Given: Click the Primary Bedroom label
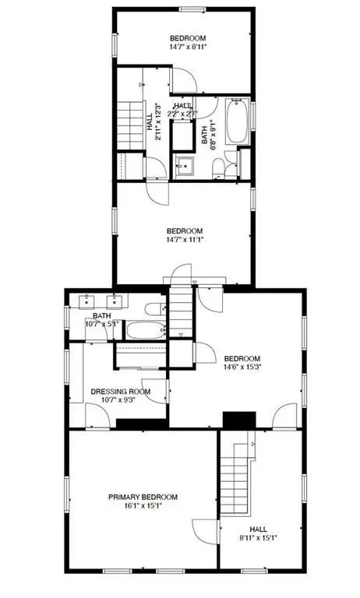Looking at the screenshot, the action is click(143, 497).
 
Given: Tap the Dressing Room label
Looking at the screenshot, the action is click(120, 392).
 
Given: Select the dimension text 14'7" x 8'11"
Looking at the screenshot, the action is click(188, 47).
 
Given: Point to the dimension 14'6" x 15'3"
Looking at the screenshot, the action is click(242, 368).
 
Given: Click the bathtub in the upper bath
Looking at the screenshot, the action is click(238, 121).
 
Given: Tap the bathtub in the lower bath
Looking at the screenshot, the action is click(146, 330).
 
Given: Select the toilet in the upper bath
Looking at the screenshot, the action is click(218, 168).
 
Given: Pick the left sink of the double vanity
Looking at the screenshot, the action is click(87, 301).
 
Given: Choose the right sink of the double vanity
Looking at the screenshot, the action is click(114, 301).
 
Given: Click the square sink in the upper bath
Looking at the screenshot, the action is click(185, 167).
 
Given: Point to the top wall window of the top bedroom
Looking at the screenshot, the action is click(192, 9).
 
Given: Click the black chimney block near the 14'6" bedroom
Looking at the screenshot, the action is click(239, 420).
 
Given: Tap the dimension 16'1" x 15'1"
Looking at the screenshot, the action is click(143, 505).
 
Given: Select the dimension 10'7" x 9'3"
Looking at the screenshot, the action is click(118, 400).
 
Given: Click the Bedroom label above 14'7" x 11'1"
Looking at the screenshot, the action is click(185, 231).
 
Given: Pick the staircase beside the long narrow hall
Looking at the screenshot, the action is click(130, 125).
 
